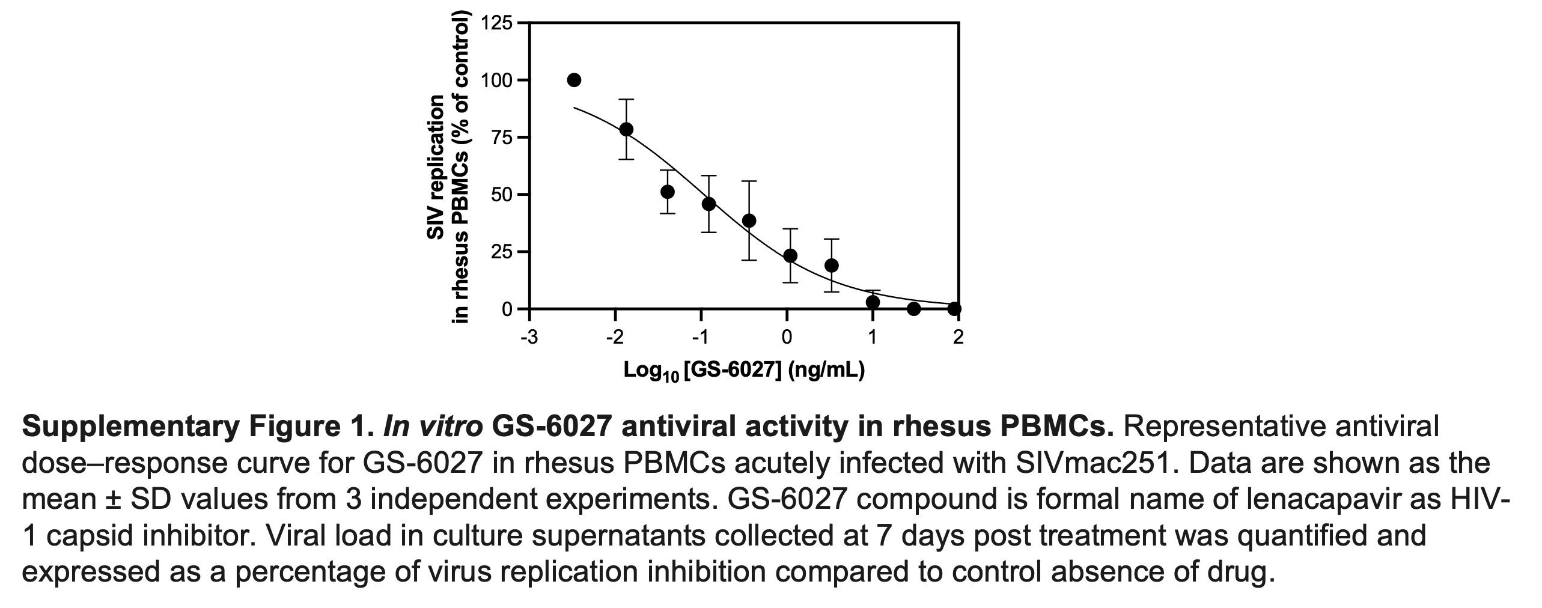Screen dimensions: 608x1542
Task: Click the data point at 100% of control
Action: (x=574, y=80)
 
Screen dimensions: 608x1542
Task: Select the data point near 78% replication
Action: (x=626, y=129)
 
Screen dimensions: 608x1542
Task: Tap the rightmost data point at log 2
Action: (x=954, y=309)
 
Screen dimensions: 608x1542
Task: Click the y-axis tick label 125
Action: (x=496, y=23)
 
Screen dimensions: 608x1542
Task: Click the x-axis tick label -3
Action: (x=529, y=338)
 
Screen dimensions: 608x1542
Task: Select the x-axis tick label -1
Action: (x=700, y=338)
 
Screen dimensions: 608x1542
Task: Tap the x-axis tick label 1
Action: (x=873, y=338)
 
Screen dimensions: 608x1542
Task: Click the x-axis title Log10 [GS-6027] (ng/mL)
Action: (x=744, y=371)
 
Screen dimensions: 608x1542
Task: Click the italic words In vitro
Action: (x=433, y=427)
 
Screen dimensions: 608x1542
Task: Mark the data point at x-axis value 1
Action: (x=873, y=302)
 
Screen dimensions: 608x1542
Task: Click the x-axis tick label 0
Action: (x=787, y=338)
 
